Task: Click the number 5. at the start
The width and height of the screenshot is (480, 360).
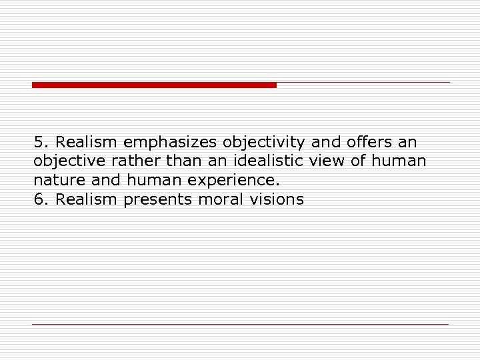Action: coord(41,142)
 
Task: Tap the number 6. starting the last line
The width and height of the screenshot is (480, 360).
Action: coord(41,199)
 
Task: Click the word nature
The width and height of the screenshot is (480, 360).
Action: coord(56,181)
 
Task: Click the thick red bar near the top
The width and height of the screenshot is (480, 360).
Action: coord(154,85)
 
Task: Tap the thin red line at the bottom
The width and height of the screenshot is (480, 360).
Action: coord(240,324)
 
